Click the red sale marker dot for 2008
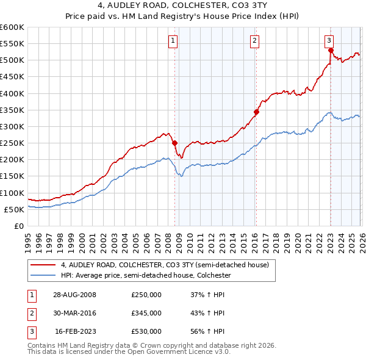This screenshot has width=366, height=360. (x=174, y=143)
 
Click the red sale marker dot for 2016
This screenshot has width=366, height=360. (x=256, y=112)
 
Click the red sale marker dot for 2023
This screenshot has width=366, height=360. (x=331, y=51)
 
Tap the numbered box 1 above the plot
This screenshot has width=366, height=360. (x=173, y=41)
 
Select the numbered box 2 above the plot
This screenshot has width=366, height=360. (x=254, y=41)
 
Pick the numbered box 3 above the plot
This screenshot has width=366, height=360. (x=329, y=41)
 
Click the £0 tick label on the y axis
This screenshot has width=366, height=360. (x=18, y=226)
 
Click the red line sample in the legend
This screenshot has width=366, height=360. (x=43, y=265)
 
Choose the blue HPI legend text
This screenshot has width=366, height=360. (x=145, y=276)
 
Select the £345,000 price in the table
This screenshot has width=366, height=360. (x=146, y=313)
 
